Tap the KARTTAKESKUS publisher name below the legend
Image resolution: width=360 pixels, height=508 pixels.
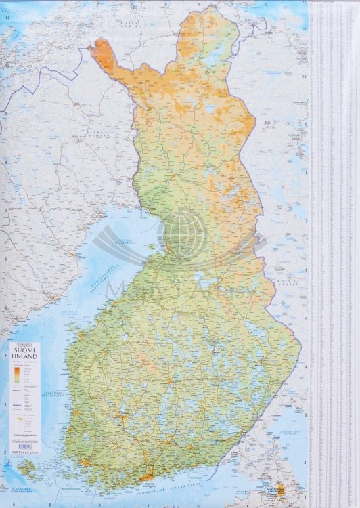pos(25,452)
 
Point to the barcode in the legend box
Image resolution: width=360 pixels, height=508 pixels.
pos(25,446)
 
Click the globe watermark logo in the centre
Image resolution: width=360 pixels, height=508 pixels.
pos(184,234)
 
